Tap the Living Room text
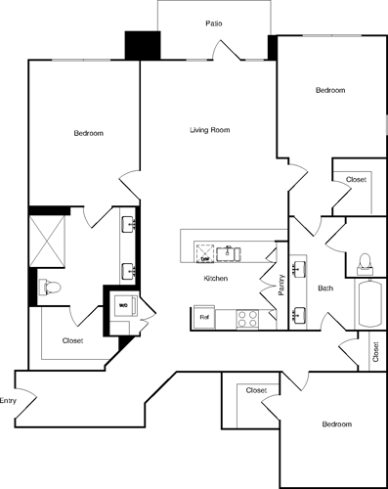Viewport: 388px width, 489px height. tap(209, 129)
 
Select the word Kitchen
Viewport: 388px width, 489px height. tap(215, 280)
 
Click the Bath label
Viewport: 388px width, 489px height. tap(325, 289)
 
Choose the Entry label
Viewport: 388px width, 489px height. tap(9, 400)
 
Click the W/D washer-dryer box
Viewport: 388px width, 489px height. tap(124, 305)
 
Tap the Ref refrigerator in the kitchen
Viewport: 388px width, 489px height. tap(205, 318)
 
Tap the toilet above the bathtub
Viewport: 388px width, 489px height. tap(365, 260)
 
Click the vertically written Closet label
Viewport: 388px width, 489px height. tap(376, 351)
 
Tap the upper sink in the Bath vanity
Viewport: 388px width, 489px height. tap(298, 267)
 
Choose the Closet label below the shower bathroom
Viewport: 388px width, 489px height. tap(71, 340)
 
